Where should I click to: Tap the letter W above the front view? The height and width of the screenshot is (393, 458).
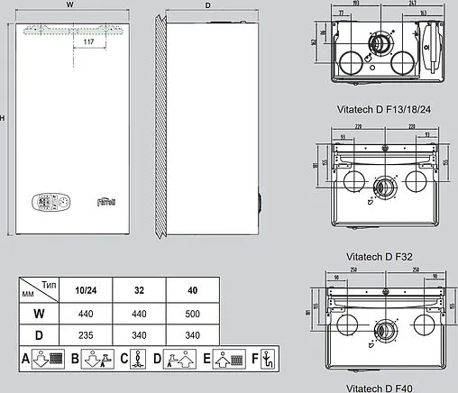coord(70,5)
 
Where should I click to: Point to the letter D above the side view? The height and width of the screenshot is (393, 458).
coord(208,5)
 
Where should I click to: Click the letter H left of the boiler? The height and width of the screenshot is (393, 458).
coord(5,118)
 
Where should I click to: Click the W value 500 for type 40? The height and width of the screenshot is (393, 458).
coord(192,313)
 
